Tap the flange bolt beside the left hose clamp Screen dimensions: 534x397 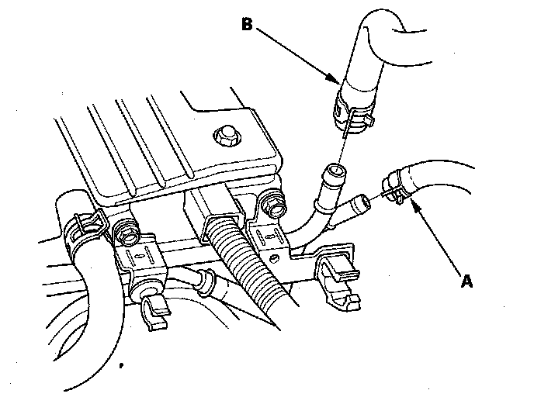coord(124,230)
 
